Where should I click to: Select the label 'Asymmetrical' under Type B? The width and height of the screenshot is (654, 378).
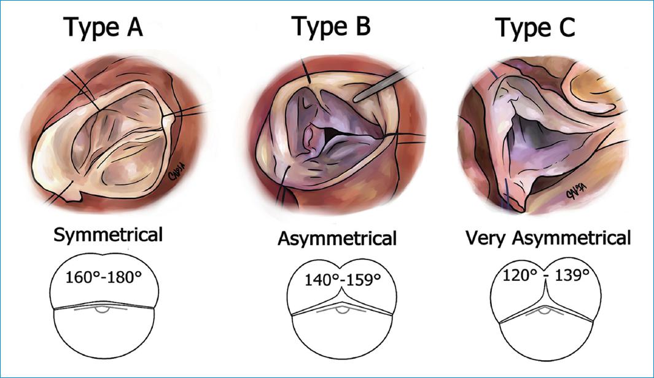[337, 238]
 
